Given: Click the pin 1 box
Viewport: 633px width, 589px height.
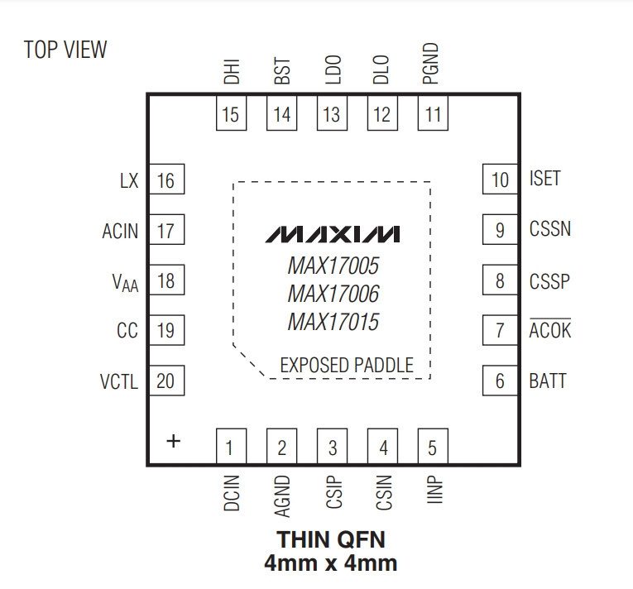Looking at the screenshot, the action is coord(231,446).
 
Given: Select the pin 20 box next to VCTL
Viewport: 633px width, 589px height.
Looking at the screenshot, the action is coord(166,381).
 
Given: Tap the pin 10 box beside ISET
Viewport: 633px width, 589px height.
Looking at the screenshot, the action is coord(500,179).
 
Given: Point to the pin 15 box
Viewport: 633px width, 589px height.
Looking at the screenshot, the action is coord(231,113).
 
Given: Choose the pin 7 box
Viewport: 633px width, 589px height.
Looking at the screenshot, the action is coord(500,330).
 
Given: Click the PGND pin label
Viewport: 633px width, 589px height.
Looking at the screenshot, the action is coord(430,64).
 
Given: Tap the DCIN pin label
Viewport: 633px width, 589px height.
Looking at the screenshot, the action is coord(232,493).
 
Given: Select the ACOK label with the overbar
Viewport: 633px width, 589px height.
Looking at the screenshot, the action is coord(549,329).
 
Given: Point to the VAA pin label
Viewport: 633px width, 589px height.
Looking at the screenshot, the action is coord(125,282).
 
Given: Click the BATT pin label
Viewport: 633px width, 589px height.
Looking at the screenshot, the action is coord(548,381).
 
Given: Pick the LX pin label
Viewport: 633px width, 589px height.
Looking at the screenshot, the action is coord(129,180).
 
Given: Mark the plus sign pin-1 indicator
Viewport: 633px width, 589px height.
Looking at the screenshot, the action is coord(174,441).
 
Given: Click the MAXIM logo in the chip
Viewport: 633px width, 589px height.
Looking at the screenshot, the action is coord(333,234).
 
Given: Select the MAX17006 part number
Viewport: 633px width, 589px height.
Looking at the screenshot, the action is coord(333,294).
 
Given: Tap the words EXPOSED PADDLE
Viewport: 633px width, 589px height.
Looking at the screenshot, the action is coord(347,365).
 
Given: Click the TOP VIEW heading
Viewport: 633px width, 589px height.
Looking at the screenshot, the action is coord(65,50).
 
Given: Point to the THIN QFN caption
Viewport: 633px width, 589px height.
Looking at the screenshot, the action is coord(331,539).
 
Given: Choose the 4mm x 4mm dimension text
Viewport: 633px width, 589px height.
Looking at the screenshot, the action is coord(331,563).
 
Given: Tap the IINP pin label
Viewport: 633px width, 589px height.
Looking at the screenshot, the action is coord(434,489).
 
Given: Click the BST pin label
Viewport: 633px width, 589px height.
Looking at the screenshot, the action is coord(282,70).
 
